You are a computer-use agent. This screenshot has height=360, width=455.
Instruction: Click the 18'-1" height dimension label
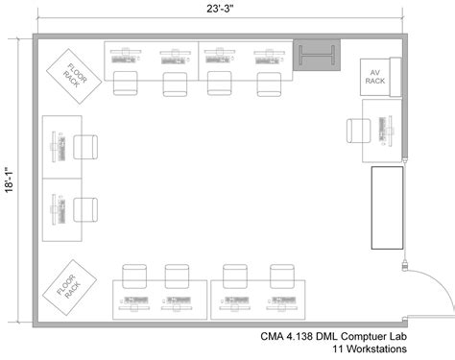click(9, 180)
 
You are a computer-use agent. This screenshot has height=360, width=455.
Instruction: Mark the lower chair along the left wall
click(86, 209)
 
